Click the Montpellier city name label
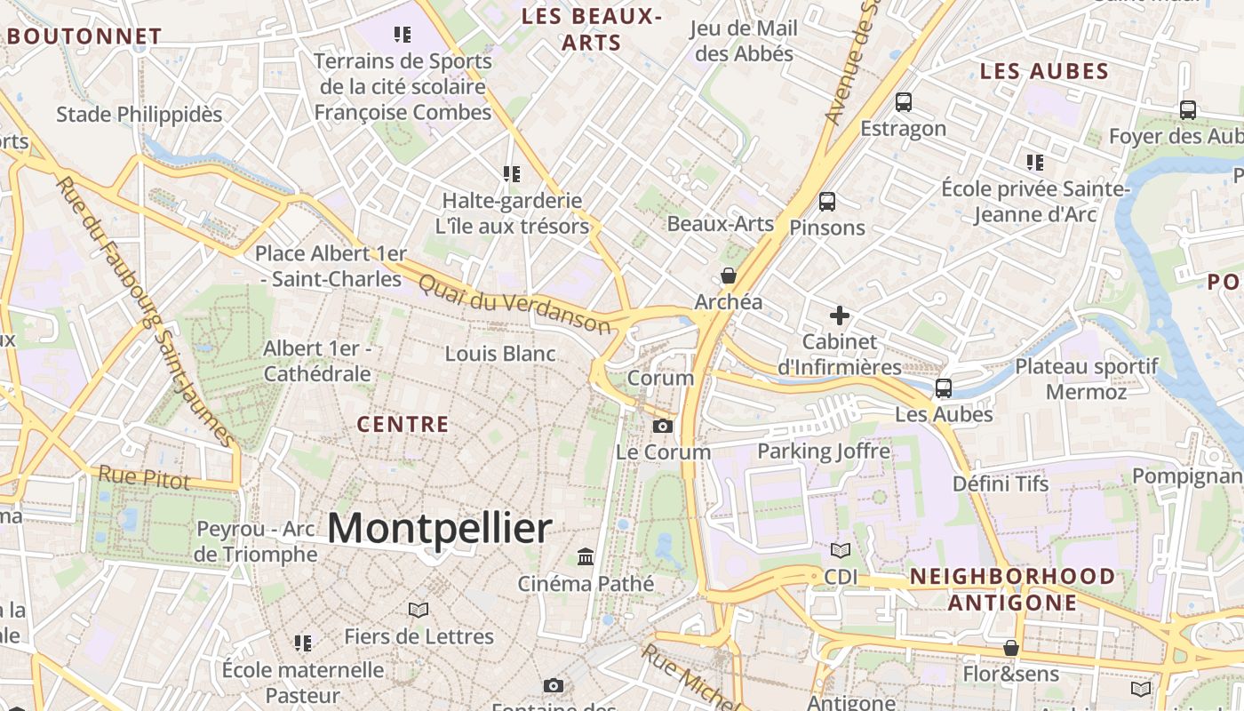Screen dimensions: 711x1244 (x=440, y=529)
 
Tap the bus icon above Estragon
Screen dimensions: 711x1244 (x=904, y=102)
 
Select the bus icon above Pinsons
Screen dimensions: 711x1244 (x=827, y=202)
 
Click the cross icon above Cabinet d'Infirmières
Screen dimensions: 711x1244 (x=840, y=316)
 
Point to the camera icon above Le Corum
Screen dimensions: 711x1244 (x=662, y=427)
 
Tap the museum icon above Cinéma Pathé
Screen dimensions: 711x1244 (x=586, y=557)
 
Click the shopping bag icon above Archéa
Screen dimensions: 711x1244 (x=729, y=276)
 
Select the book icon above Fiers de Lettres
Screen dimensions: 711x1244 (x=419, y=610)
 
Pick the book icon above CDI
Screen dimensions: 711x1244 (x=841, y=551)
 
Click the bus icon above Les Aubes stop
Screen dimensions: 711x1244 (x=944, y=388)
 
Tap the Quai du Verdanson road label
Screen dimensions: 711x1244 (x=514, y=302)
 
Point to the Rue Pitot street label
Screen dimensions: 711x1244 (x=144, y=477)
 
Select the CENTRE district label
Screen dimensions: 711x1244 (x=403, y=425)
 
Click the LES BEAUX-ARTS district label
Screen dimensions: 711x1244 (x=592, y=29)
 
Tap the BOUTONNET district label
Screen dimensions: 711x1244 (x=84, y=36)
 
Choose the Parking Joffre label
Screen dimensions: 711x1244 (x=823, y=451)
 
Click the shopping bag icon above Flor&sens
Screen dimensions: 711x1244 (x=1011, y=648)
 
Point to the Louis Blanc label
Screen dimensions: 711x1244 (x=500, y=354)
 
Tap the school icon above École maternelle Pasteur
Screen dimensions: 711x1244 (x=303, y=643)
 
